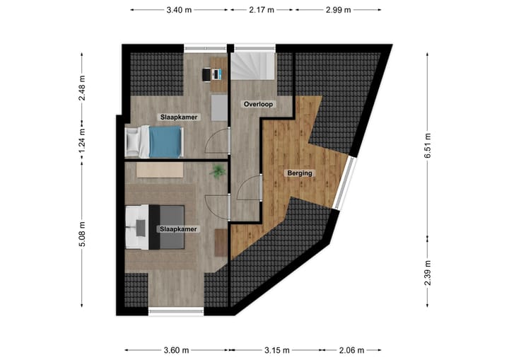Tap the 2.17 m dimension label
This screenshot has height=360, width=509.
coord(262,10)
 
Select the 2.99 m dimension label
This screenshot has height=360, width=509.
coord(338,10)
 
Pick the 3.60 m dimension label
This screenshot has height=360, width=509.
coord(176,349)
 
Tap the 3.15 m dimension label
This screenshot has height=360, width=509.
coord(276,349)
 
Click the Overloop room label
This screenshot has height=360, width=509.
coord(258,104)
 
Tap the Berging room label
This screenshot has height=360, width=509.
coord(299,173)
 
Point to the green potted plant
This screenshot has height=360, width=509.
coord(218,170)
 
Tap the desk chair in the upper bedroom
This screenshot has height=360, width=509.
coord(206,73)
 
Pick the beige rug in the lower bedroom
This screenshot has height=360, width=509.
coord(160,170)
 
